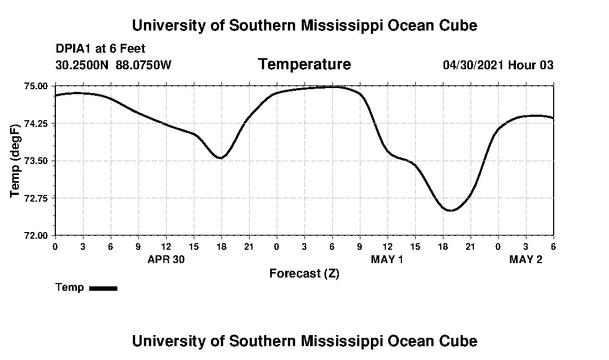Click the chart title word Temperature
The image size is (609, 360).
304,64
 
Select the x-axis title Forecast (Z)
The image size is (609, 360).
304,273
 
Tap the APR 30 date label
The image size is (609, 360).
166,259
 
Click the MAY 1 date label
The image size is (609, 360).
387,259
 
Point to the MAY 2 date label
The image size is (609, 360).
525,259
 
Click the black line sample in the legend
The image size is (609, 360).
103,288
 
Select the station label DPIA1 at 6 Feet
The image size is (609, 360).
100,49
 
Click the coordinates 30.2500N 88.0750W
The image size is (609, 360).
113,65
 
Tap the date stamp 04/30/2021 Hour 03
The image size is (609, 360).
498,65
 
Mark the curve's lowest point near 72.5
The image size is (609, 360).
450,210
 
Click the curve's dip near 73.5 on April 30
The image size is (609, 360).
221,158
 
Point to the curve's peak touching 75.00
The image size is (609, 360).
332,86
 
